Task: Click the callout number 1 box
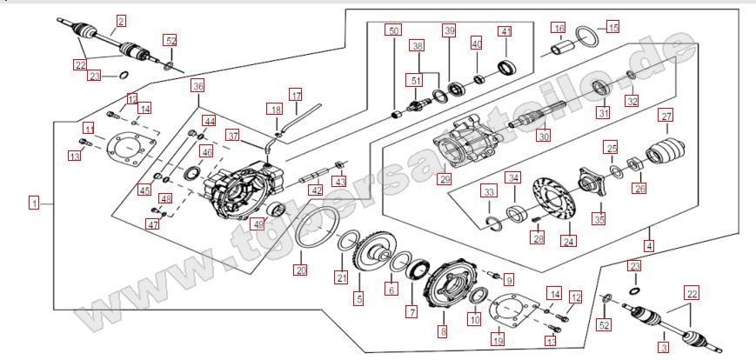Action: point(33,203)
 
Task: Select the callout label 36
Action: point(198,87)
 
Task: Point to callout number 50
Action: point(394,31)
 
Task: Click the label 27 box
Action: point(666,117)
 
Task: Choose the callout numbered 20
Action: point(301,270)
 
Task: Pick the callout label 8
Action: point(442,330)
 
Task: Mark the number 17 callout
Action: point(297,95)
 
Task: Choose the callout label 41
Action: point(505,31)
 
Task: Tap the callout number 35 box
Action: point(599,217)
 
